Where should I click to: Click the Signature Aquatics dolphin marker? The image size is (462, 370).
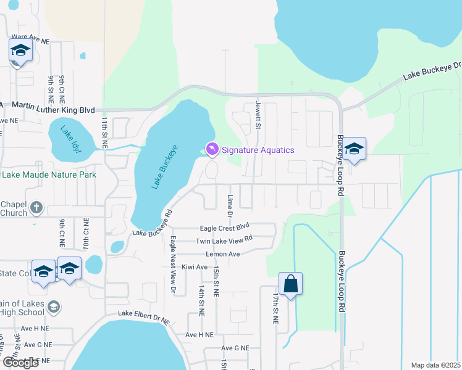pyautogui.click(x=212, y=150)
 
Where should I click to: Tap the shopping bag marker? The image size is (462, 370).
pyautogui.click(x=290, y=284)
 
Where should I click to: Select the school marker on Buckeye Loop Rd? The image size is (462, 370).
pyautogui.click(x=354, y=149)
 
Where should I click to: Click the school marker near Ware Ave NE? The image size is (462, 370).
pyautogui.click(x=20, y=51)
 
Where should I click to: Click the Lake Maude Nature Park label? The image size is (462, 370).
pyautogui.click(x=49, y=175)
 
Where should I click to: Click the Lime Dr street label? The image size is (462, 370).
pyautogui.click(x=229, y=206)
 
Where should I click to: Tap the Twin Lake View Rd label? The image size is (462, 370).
pyautogui.click(x=224, y=240)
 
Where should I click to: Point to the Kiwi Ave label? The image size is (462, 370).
pyautogui.click(x=195, y=267)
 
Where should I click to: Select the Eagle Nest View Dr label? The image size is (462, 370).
pyautogui.click(x=174, y=263)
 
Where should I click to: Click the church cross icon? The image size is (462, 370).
pyautogui.click(x=36, y=208)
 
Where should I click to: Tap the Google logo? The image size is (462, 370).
pyautogui.click(x=20, y=363)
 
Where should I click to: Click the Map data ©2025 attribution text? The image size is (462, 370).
pyautogui.click(x=435, y=365)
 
